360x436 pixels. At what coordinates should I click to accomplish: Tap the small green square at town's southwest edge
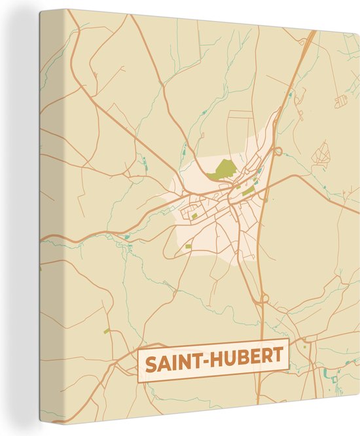pos(189,246)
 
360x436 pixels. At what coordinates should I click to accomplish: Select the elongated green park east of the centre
pos(249,190)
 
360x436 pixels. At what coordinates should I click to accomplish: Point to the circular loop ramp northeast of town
pos(278,151)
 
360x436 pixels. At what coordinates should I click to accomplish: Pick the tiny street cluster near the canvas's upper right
pos(340,101)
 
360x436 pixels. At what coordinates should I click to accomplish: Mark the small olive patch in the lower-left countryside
pos(107,331)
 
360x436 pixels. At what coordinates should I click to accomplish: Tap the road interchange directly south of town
pos(263,299)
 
